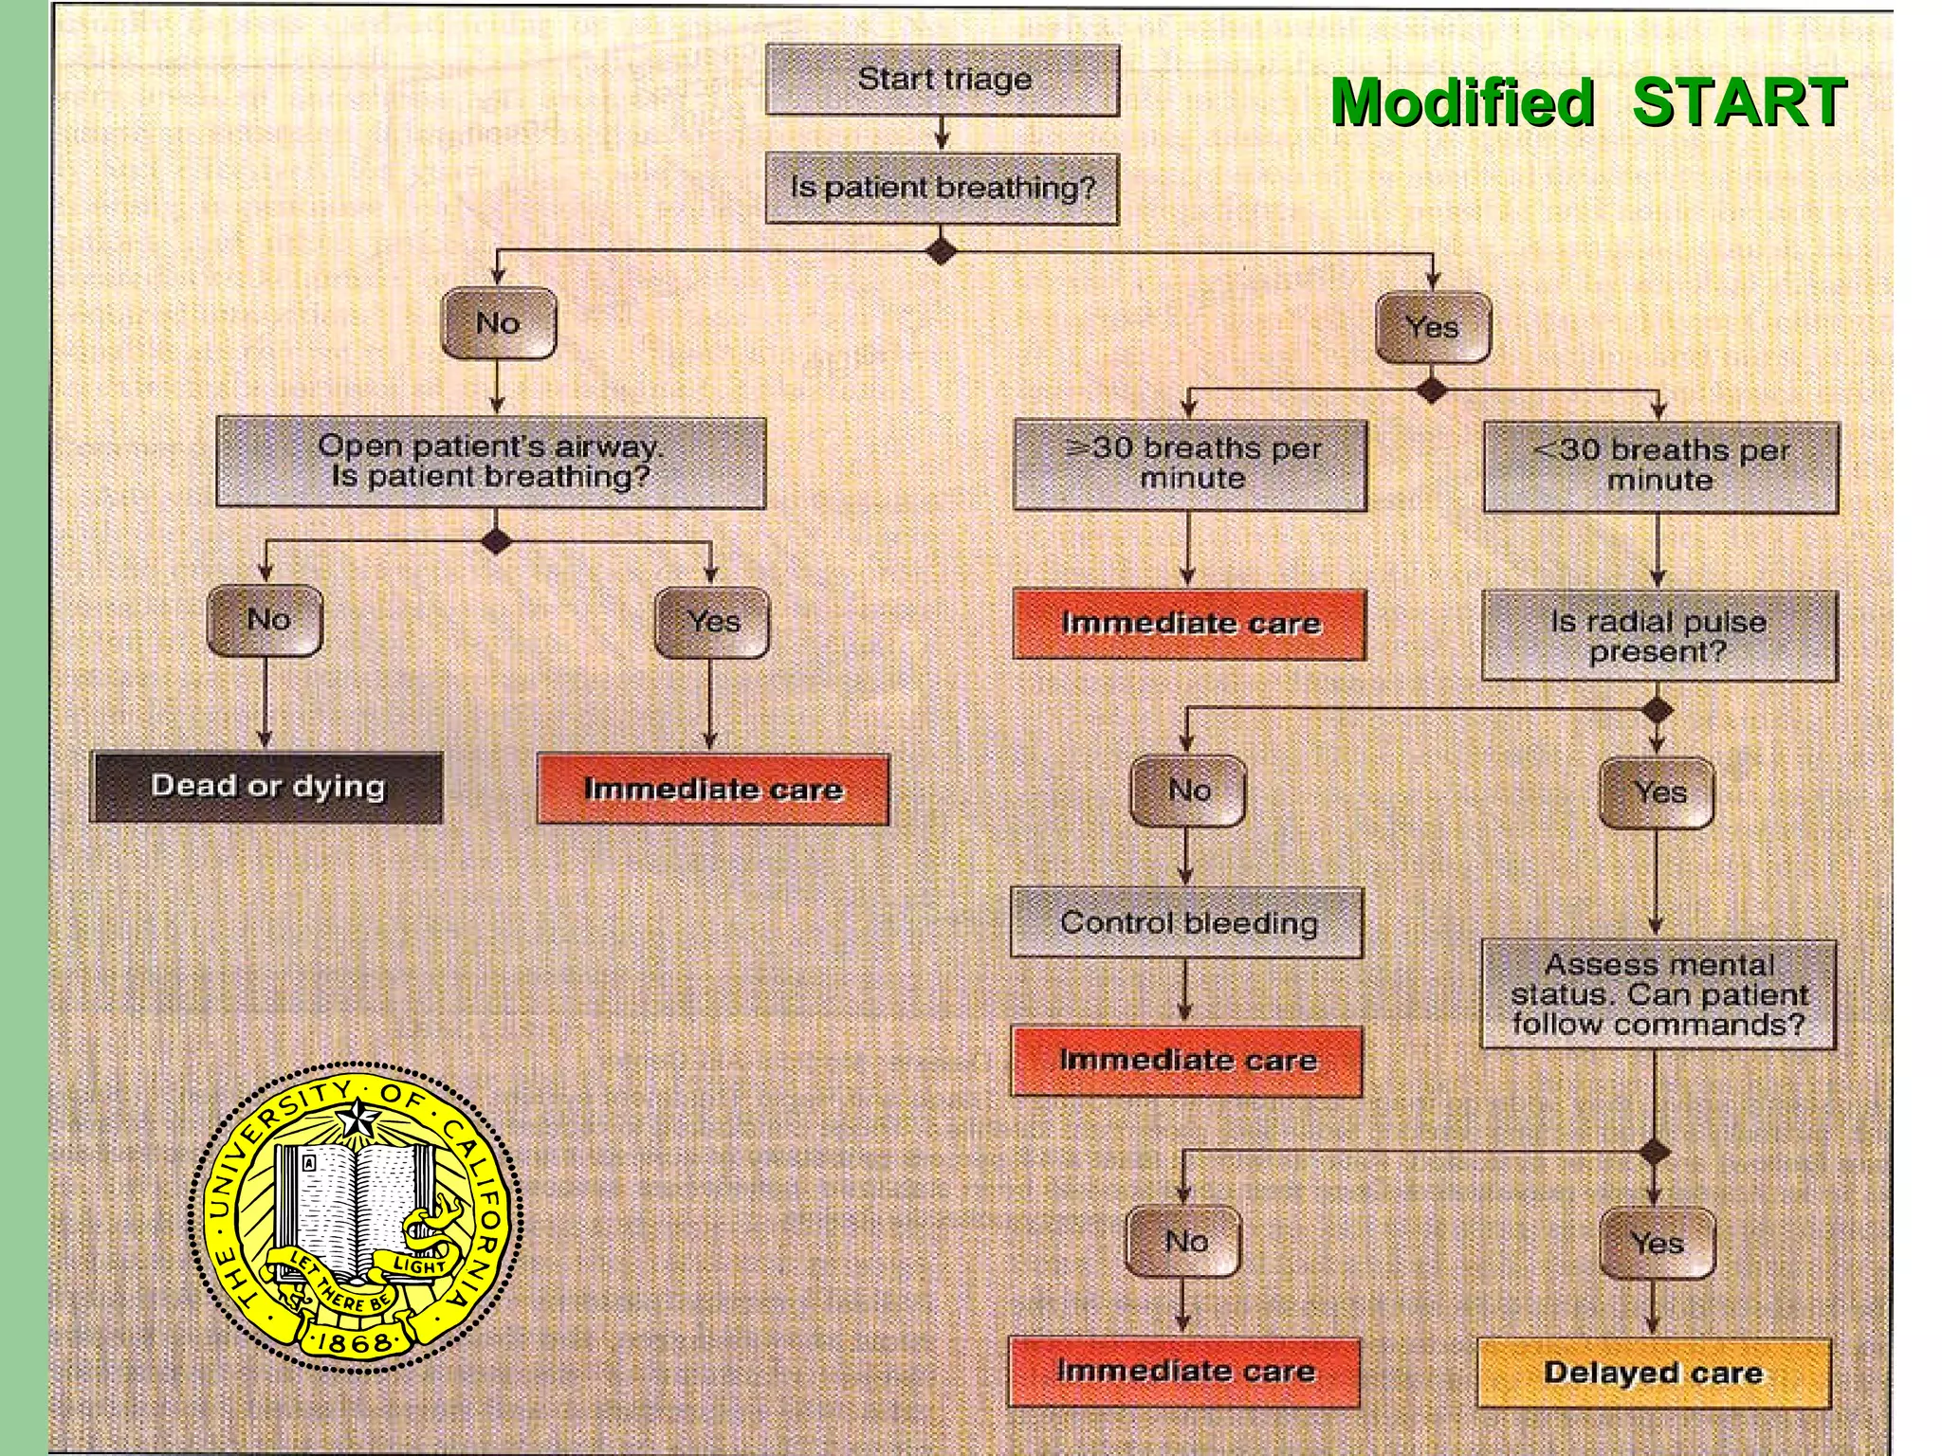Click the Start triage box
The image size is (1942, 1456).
[943, 80]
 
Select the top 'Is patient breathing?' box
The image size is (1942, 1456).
[943, 188]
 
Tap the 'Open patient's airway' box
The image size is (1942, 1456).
[490, 462]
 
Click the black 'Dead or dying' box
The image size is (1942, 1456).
[266, 787]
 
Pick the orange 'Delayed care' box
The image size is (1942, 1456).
[1654, 1373]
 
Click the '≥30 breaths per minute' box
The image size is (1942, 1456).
[1191, 464]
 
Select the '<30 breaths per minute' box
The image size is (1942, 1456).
[1660, 466]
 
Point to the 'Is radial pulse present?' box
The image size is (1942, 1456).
[1658, 636]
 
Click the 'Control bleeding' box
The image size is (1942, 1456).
[1187, 922]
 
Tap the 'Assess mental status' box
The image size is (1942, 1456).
[1658, 994]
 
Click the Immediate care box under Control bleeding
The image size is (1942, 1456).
[1187, 1061]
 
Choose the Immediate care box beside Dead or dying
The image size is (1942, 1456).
[713, 789]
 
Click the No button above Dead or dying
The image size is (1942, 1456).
[266, 620]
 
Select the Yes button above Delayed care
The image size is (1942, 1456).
[1657, 1242]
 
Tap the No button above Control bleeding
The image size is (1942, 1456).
[1188, 790]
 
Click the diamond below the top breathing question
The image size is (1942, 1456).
[941, 252]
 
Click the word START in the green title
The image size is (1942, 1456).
[1738, 101]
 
